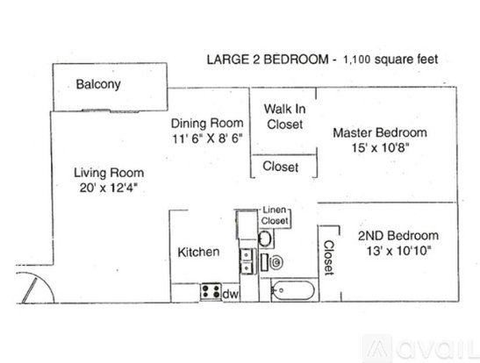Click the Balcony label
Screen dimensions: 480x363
point(98,84)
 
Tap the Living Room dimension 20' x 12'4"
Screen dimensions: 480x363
point(108,188)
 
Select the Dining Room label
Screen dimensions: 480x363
point(207,124)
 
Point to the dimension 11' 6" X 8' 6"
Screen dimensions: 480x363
point(207,139)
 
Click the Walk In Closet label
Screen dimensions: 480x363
point(284,117)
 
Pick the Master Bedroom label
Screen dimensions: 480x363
point(380,132)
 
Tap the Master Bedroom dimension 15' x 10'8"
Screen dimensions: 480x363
point(381,148)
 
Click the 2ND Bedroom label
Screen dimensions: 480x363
point(398,236)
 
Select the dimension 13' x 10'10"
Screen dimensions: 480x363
point(398,251)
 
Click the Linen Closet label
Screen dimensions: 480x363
point(275,216)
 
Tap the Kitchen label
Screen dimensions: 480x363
point(198,253)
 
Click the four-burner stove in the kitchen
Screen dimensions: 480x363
point(211,291)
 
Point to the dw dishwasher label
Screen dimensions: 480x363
point(230,295)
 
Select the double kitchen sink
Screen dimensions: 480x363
point(247,261)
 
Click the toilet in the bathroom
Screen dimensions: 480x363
point(272,262)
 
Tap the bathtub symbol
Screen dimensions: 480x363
point(293,290)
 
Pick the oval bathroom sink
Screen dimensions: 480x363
point(265,238)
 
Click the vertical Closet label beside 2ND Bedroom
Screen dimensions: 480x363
point(329,258)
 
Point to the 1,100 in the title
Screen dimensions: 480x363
point(356,60)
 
